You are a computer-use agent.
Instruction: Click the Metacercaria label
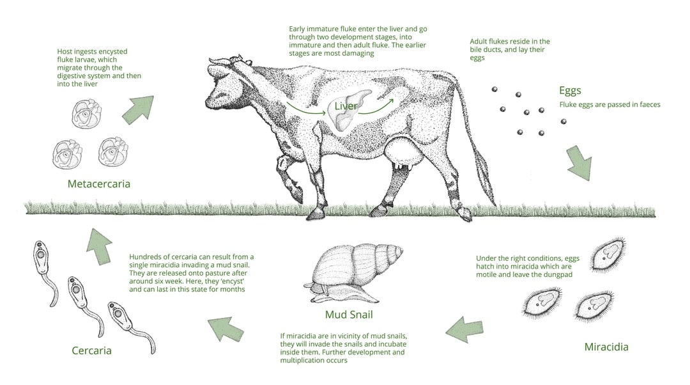[98, 184]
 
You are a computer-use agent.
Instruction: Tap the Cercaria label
[91, 350]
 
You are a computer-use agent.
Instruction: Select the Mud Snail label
[348, 314]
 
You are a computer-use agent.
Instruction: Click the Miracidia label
[606, 347]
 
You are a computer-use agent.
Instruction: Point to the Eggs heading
[570, 91]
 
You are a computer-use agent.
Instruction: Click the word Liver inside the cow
[346, 106]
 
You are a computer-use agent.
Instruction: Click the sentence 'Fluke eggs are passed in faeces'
[609, 104]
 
